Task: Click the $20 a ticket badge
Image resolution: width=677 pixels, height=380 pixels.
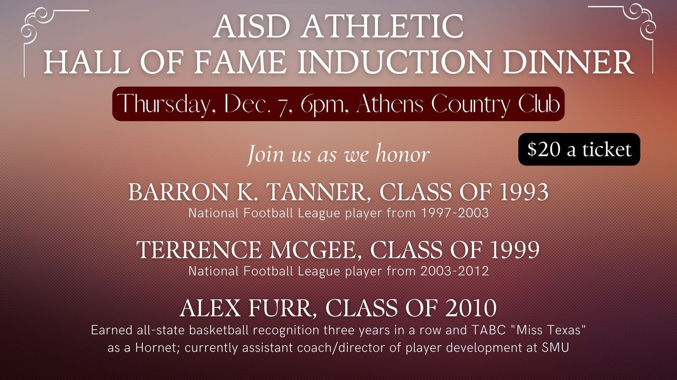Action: coord(579,149)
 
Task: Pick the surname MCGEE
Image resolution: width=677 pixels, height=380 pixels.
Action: coord(314,250)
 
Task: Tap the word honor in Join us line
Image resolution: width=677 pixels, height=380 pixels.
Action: coord(402,154)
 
